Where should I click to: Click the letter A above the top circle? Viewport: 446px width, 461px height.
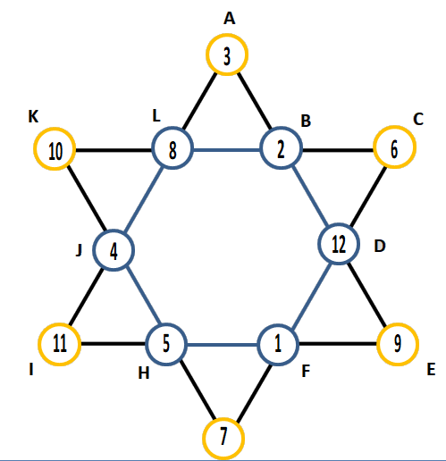230,19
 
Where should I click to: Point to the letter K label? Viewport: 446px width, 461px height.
33,116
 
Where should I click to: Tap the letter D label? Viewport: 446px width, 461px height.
380,247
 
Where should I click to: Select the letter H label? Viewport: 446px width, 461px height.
144,373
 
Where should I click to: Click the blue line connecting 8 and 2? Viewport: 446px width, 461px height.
227,149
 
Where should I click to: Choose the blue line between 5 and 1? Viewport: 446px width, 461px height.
222,345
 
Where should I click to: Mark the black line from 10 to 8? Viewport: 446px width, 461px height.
114,150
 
